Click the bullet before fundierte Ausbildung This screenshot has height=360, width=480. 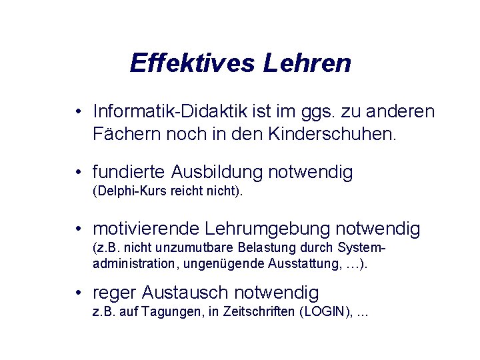(x=79, y=173)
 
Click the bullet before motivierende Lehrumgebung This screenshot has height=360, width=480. (x=79, y=229)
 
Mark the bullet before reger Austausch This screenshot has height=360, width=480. (x=79, y=293)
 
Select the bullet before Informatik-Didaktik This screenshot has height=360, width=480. (x=79, y=111)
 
